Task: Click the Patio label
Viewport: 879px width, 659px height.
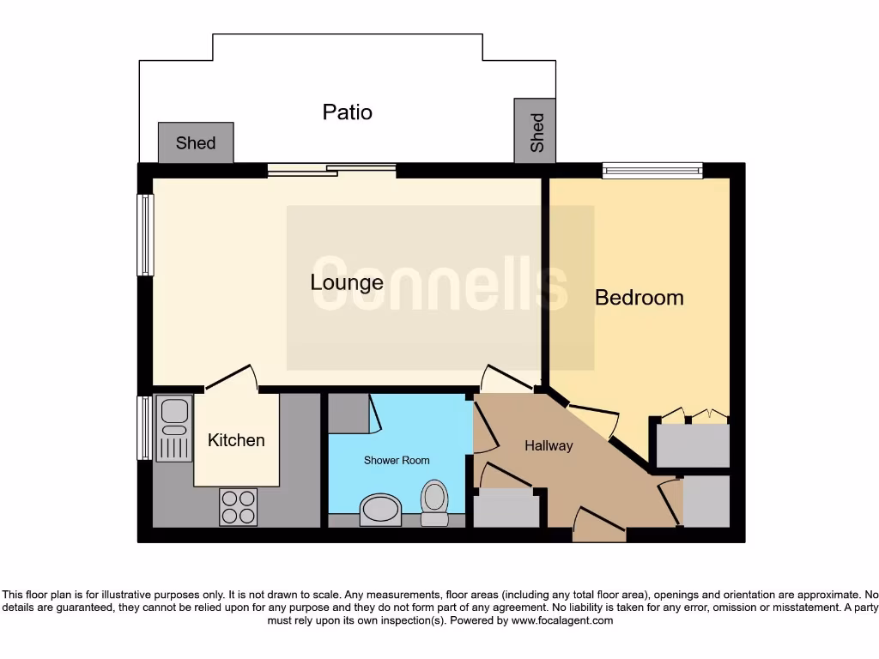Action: [347, 112]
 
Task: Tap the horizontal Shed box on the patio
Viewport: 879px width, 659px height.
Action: [196, 142]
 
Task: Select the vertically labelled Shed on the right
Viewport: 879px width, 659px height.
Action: [535, 131]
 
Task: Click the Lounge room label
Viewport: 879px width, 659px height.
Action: [347, 282]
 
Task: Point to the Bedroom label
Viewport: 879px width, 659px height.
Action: [640, 298]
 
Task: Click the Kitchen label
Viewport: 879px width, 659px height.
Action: [236, 440]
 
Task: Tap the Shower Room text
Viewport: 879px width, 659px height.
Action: [397, 461]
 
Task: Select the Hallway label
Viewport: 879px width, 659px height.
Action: [549, 445]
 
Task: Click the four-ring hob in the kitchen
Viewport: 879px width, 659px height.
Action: [238, 506]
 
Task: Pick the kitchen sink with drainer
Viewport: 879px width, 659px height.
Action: [174, 428]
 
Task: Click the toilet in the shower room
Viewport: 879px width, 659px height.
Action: [434, 502]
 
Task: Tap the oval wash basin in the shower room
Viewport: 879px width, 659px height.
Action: [379, 508]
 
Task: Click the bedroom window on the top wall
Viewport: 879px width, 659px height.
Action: [652, 171]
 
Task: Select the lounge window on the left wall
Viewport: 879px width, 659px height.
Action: [146, 234]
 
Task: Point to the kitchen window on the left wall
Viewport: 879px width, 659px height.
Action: [145, 426]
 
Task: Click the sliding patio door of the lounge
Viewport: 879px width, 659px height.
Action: [331, 170]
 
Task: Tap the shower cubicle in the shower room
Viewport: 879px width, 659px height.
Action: [348, 412]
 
